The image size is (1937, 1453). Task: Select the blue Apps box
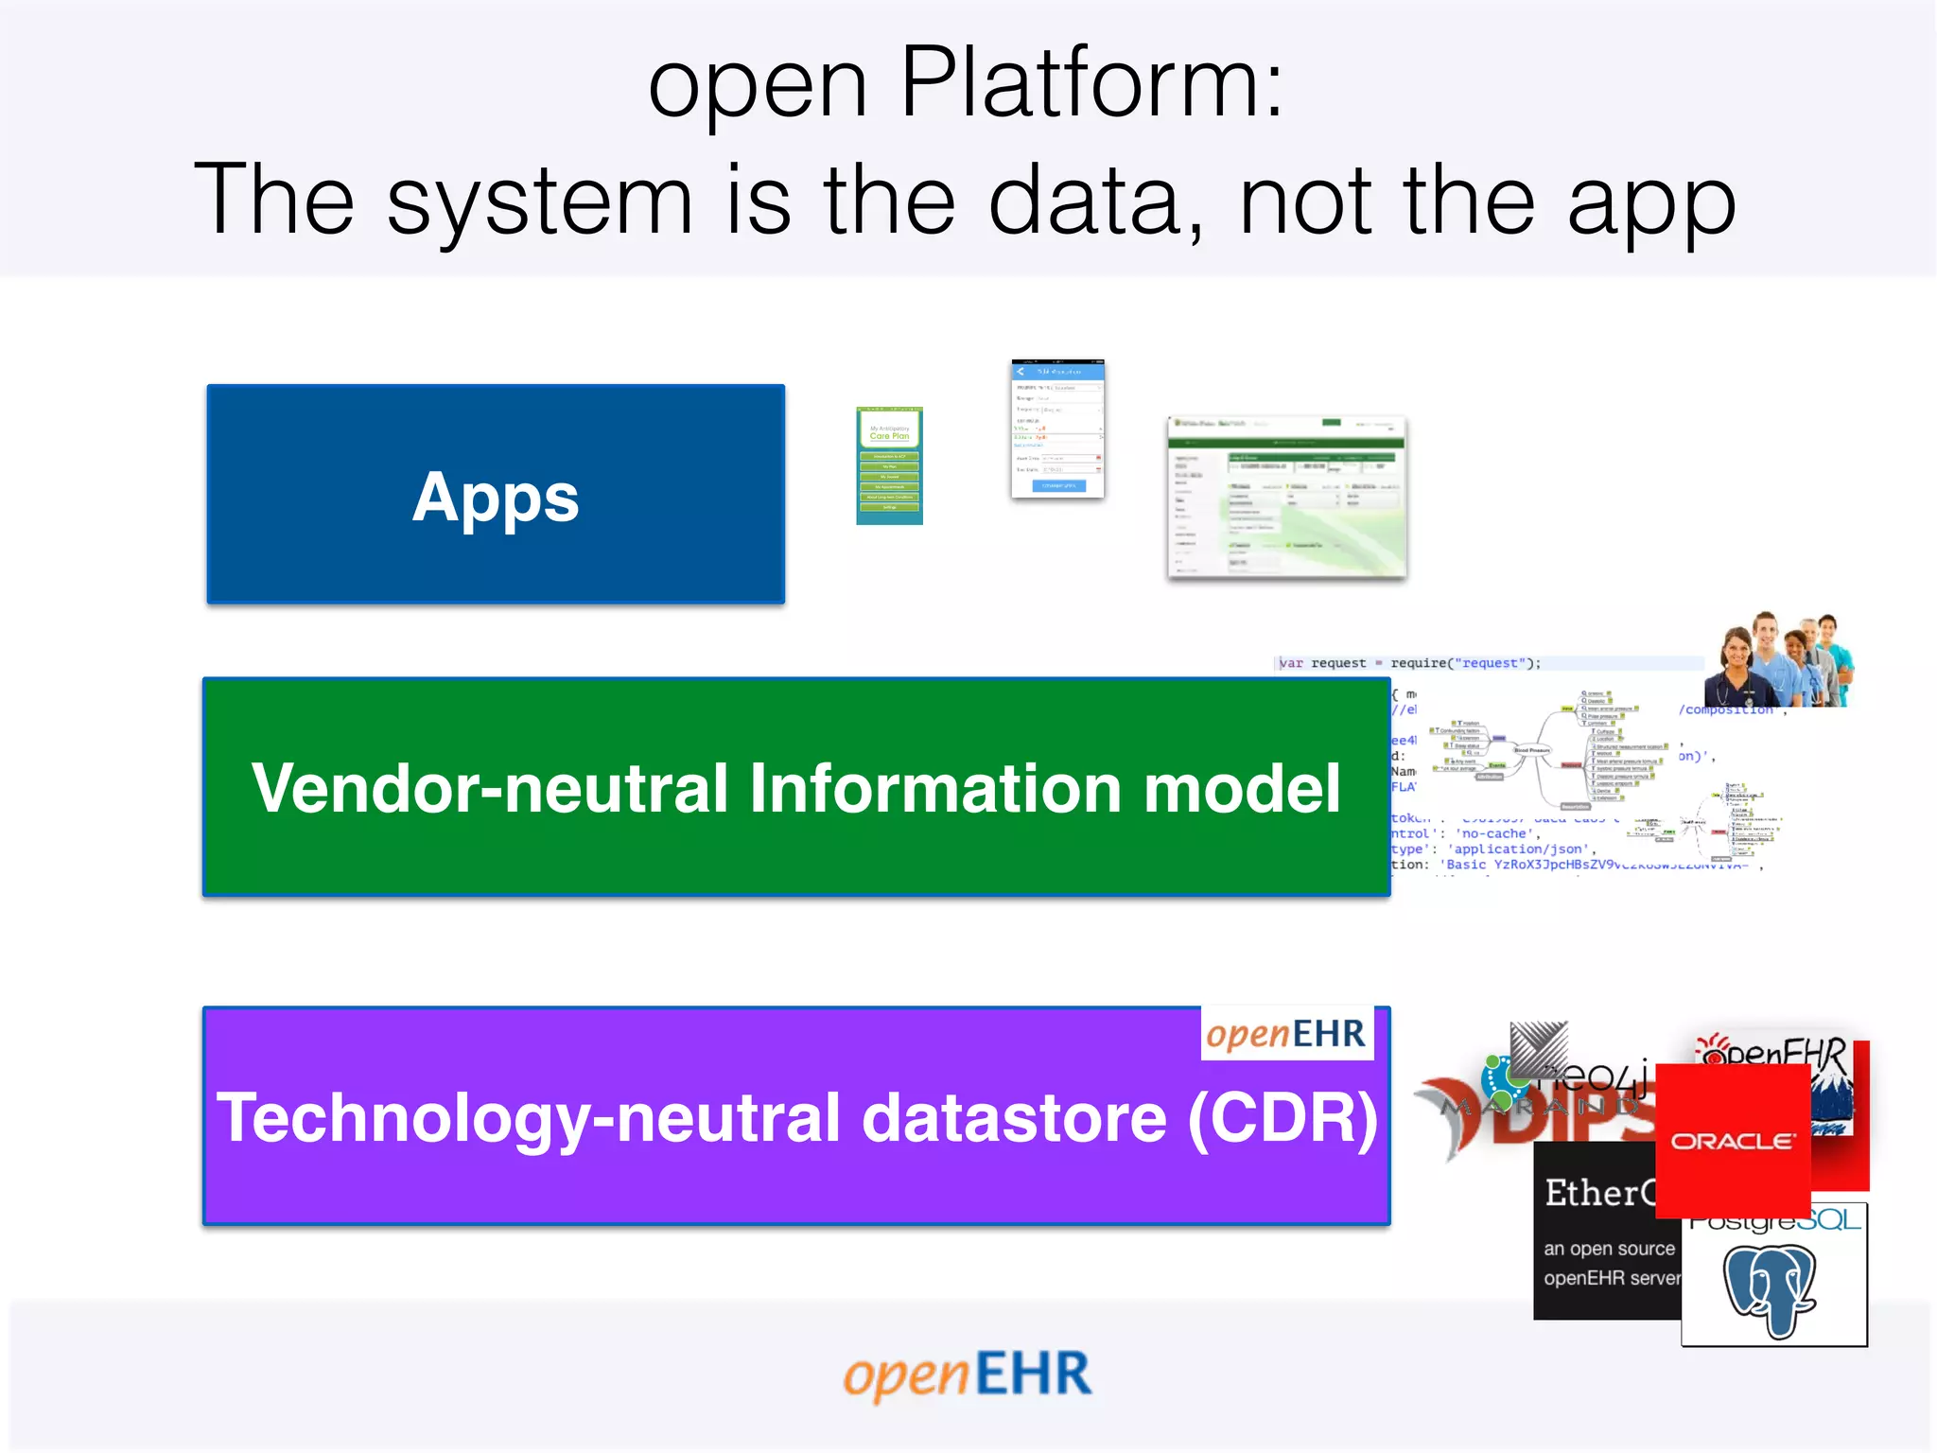[496, 494]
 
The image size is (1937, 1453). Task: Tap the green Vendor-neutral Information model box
[795, 787]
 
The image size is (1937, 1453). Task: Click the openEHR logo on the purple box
[1286, 1033]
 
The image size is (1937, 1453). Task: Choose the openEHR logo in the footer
[968, 1374]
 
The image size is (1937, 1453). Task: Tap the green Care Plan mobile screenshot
[889, 465]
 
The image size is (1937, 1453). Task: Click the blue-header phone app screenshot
[1057, 429]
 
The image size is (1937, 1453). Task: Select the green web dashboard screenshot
[1286, 497]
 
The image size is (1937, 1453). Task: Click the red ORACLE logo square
[1733, 1140]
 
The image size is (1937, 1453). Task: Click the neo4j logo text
[1598, 1076]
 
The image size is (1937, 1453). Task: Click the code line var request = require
[1409, 663]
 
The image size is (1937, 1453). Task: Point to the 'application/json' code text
[1521, 849]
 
